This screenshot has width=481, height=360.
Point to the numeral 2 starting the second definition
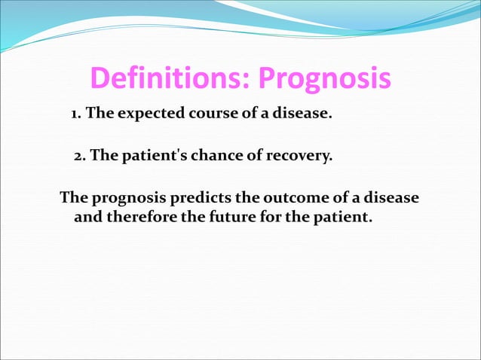(x=78, y=157)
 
